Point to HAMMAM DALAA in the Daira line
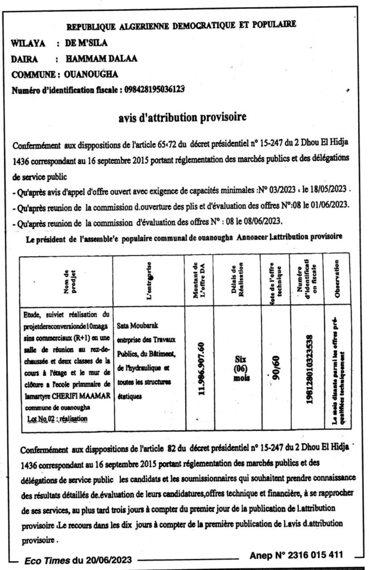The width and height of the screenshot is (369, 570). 92,58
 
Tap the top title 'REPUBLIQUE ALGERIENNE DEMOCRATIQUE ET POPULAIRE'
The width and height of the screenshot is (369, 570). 181,25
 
